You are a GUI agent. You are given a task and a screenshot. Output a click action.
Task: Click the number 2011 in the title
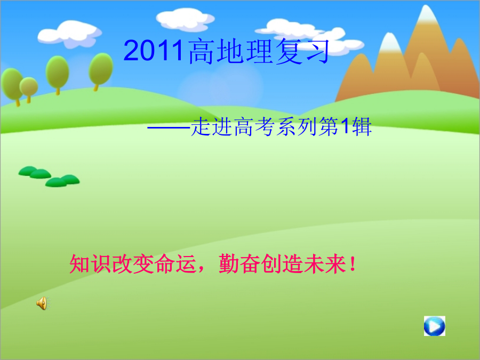pyautogui.click(x=154, y=50)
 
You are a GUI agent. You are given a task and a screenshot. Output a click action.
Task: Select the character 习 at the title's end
pyautogui.click(x=317, y=51)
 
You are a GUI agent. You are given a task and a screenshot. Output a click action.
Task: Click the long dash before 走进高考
pyautogui.click(x=169, y=127)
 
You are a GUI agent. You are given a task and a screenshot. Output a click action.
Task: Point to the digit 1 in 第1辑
pyautogui.click(x=345, y=126)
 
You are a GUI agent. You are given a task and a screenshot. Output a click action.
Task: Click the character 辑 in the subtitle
pyautogui.click(x=362, y=126)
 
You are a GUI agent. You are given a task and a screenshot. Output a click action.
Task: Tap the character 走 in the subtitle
pyautogui.click(x=201, y=126)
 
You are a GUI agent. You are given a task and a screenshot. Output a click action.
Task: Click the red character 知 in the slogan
pyautogui.click(x=79, y=263)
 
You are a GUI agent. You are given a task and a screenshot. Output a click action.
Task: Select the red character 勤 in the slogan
pyautogui.click(x=229, y=263)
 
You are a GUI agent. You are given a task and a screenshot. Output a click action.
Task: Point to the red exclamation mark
pyautogui.click(x=353, y=264)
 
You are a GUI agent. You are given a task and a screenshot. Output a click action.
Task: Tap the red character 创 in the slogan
pyautogui.click(x=271, y=263)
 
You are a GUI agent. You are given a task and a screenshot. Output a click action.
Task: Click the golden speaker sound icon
pyautogui.click(x=43, y=303)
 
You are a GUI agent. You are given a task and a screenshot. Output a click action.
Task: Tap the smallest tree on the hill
pyautogui.click(x=29, y=89)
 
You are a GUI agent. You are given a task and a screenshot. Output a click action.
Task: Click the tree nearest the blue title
pyautogui.click(x=101, y=71)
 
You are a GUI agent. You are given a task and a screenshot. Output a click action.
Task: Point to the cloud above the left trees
pyautogui.click(x=70, y=34)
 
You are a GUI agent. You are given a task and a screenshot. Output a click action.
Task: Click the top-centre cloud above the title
pyautogui.click(x=185, y=20)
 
